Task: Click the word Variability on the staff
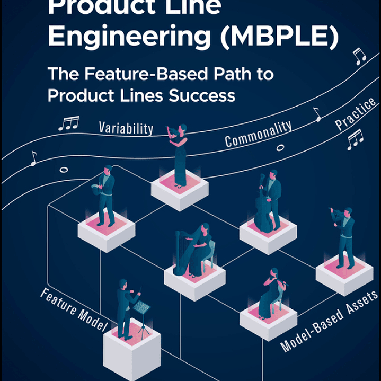coord(126,128)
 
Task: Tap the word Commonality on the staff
coord(258,134)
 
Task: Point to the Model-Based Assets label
coord(329,321)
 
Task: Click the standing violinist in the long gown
coord(179,154)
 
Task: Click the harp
coord(185,252)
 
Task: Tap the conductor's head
coord(123,285)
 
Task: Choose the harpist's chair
coord(211,254)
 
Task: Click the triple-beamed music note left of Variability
coord(68,123)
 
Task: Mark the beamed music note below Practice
coord(355,139)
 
